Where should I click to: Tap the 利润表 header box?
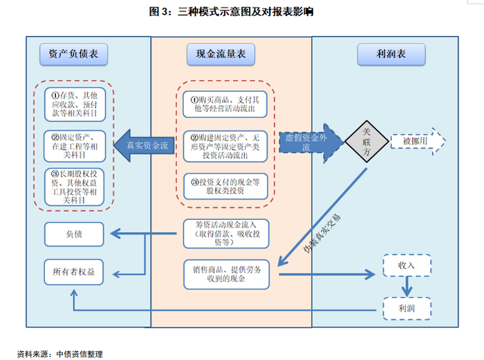pyautogui.click(x=391, y=54)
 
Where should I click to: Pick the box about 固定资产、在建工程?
pyautogui.click(x=74, y=144)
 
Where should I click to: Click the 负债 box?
pyautogui.click(x=74, y=234)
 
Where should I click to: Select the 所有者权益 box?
pyautogui.click(x=74, y=272)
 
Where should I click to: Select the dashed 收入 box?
pyautogui.click(x=407, y=265)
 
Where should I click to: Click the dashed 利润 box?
pyautogui.click(x=407, y=307)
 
